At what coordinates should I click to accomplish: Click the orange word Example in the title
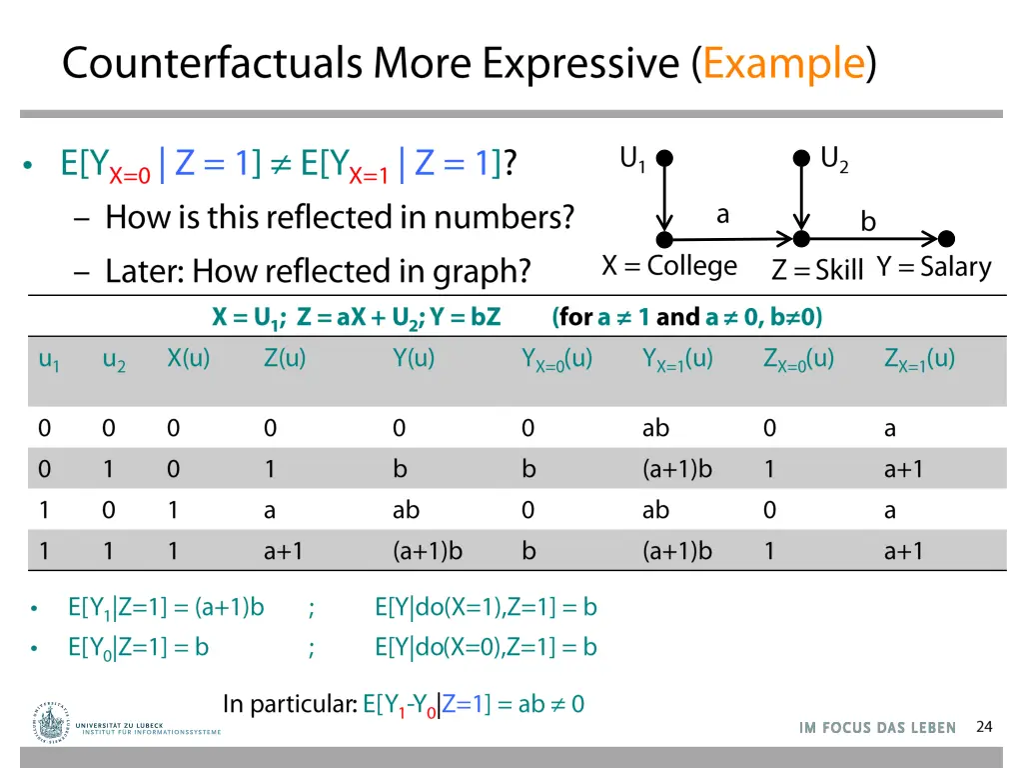click(x=783, y=63)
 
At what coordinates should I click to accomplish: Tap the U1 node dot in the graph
click(x=664, y=158)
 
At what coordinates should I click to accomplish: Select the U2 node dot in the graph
click(x=801, y=158)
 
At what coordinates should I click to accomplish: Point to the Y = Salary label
click(x=934, y=267)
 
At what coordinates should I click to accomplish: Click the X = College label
click(x=668, y=266)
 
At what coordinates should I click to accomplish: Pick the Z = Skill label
click(x=817, y=269)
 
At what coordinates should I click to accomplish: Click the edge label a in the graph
click(x=722, y=214)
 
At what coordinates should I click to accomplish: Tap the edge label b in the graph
click(x=868, y=222)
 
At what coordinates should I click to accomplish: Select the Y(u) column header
click(x=414, y=359)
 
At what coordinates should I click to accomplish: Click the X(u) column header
click(x=189, y=359)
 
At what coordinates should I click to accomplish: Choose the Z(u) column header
click(x=285, y=359)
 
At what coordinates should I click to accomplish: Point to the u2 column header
click(x=114, y=361)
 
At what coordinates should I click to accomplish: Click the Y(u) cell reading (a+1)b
click(x=428, y=551)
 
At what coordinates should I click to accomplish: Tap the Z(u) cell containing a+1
click(x=284, y=551)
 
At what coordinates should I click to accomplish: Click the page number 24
click(x=984, y=726)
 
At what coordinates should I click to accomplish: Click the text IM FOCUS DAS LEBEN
click(x=877, y=728)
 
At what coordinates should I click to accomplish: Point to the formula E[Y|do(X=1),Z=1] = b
click(x=486, y=607)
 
